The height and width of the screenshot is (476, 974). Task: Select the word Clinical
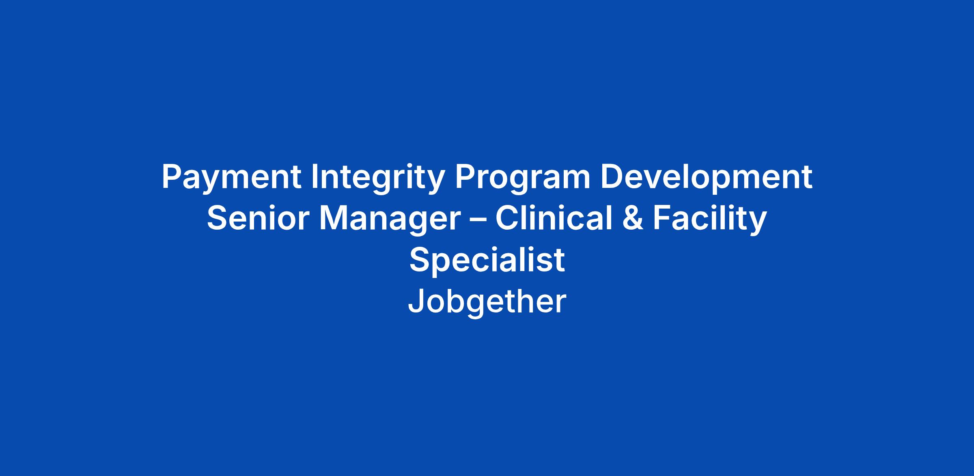554,218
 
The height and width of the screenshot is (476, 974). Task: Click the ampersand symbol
632,219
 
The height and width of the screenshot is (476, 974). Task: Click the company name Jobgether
487,302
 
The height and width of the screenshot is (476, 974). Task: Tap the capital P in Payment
172,177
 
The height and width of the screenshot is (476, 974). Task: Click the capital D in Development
612,177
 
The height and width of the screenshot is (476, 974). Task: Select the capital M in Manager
334,219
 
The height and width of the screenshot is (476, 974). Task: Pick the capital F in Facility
662,219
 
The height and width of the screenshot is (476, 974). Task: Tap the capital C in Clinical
507,219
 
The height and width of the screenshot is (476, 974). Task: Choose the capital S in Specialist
419,260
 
